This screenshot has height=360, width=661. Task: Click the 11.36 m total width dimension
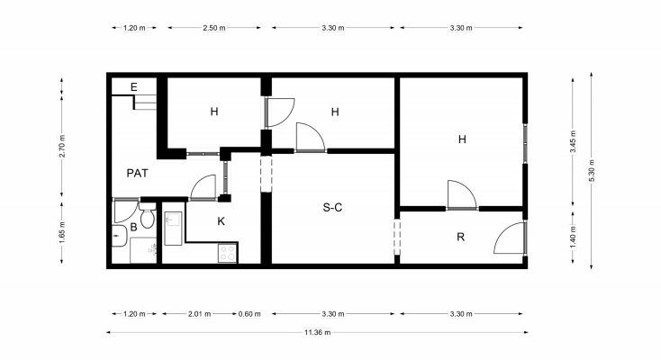coord(317,332)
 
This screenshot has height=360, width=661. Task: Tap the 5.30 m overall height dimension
coord(592,171)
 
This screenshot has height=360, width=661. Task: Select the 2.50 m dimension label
coord(214,28)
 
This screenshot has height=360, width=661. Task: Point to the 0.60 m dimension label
coord(249,313)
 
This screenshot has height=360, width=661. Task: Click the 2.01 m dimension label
coord(199,313)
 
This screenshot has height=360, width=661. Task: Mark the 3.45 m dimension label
coord(573,141)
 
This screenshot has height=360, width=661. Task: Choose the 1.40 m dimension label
coord(573,236)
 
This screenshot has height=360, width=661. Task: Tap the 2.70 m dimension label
coord(62,147)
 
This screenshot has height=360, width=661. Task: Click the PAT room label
coord(138,174)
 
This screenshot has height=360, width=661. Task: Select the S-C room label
coord(332,207)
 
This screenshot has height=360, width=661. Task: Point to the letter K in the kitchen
coord(222,221)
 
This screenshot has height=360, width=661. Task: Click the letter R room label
coord(461,238)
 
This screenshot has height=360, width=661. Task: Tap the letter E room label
coord(134,87)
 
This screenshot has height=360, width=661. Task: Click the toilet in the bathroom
coord(147,215)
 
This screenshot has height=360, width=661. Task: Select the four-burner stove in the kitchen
coord(228,253)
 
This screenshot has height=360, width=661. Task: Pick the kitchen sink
coord(173,229)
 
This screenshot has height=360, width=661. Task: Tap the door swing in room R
coord(509,238)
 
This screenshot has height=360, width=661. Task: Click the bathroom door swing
coord(125,211)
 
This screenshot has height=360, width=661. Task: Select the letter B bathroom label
coord(133,227)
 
